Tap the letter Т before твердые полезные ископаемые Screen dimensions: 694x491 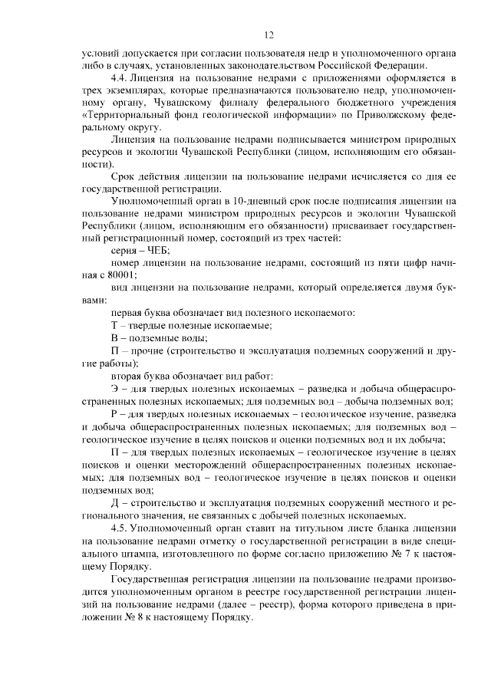[114, 326]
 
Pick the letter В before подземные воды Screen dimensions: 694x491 [114, 338]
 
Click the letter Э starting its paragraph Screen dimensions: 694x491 [114, 390]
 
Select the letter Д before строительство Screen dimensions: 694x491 [114, 502]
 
